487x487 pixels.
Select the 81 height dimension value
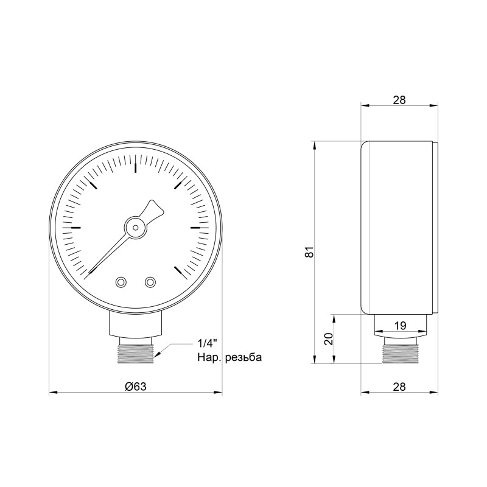(x=310, y=252)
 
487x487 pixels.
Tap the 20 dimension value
(x=328, y=340)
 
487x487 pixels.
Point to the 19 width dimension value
(x=400, y=326)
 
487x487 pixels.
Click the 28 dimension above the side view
(x=399, y=100)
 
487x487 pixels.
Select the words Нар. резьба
(x=229, y=357)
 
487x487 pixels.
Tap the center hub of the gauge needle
(x=135, y=227)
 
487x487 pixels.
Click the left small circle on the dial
(x=121, y=282)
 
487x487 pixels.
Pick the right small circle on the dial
(x=150, y=282)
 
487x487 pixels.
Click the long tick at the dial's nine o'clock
(x=76, y=228)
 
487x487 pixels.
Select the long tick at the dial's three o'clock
(x=194, y=228)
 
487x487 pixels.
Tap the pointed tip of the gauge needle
(x=91, y=273)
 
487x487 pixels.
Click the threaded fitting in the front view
(x=135, y=352)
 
